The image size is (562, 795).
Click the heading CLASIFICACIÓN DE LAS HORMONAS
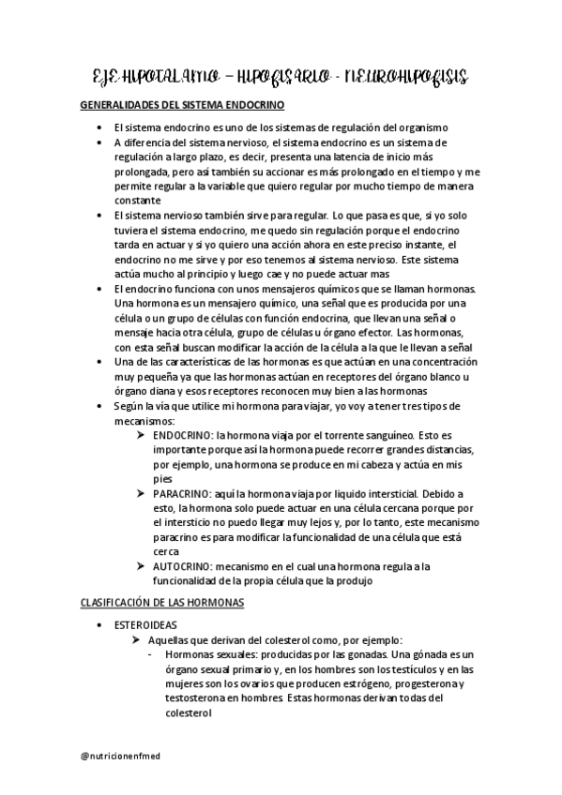tap(161, 601)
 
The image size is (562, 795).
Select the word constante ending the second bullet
tap(138, 199)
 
